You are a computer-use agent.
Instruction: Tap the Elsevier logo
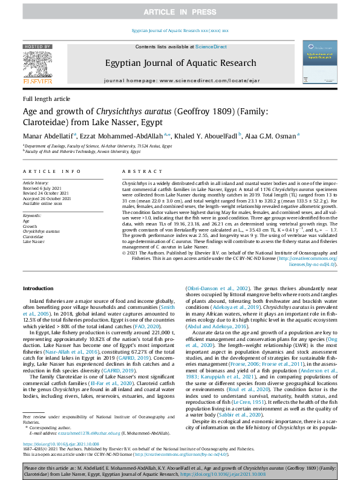[38, 65]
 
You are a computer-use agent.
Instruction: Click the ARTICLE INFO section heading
[48, 172]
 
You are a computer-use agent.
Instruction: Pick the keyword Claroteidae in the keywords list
[34, 236]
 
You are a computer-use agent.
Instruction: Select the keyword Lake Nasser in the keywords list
[34, 241]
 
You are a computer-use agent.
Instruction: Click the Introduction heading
[38, 288]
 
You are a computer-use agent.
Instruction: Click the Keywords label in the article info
[32, 215]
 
